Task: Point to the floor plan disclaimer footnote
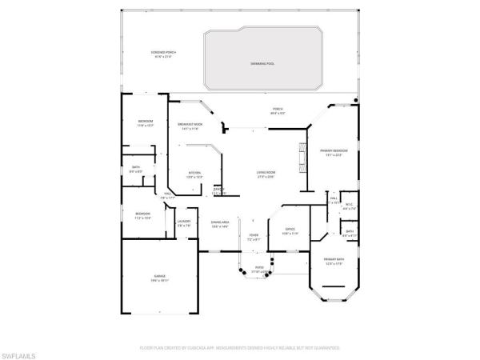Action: (239, 349)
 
